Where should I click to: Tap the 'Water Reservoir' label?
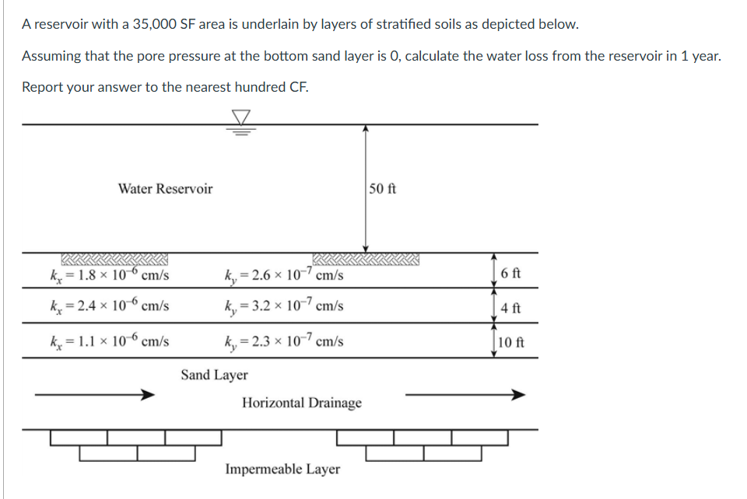coord(165,189)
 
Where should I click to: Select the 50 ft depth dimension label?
coord(384,189)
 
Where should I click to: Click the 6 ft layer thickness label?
coord(511,274)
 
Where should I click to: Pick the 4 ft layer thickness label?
coord(511,307)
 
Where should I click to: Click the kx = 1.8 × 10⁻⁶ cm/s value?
coord(110,275)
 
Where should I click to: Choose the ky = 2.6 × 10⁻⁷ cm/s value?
coord(283,275)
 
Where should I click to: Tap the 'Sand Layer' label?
coord(214,375)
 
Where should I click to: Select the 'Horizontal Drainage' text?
coord(302,403)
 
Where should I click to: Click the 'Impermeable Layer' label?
coord(282,469)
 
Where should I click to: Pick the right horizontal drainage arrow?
coord(465,395)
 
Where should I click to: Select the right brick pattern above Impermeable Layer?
coord(423,445)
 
